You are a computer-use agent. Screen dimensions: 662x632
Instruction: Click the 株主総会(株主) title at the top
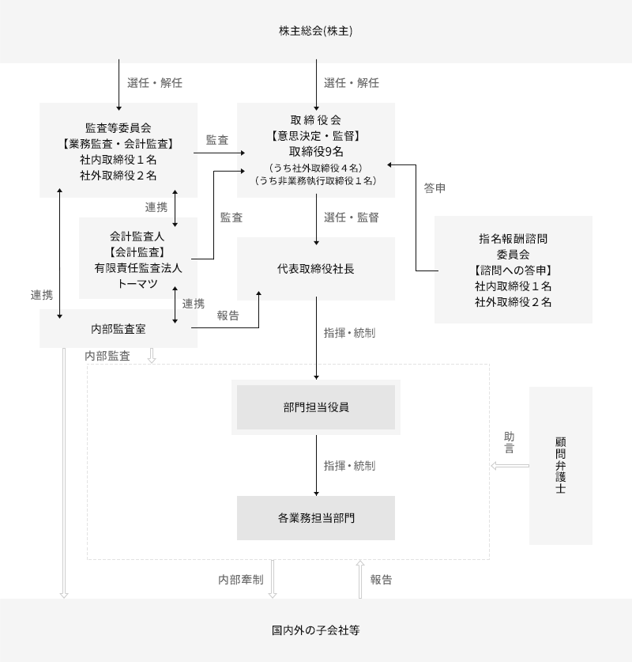click(315, 32)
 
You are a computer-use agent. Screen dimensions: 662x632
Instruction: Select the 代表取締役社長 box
click(316, 269)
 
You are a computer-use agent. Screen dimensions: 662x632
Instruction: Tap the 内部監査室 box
click(118, 329)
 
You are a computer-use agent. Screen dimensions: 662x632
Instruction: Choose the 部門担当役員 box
click(316, 407)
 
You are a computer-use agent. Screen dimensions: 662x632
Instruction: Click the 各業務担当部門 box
click(316, 518)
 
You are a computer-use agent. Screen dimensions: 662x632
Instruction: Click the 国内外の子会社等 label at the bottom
click(315, 631)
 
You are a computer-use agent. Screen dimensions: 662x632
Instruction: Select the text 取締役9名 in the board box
click(316, 152)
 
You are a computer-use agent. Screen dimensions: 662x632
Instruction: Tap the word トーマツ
click(138, 283)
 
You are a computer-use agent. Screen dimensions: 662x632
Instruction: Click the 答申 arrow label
click(434, 188)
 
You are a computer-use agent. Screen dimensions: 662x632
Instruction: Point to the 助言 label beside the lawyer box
click(509, 442)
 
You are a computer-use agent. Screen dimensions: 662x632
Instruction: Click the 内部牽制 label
click(241, 580)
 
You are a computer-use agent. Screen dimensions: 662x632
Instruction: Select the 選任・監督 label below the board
click(351, 218)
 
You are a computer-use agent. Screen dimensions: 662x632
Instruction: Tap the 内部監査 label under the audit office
click(107, 357)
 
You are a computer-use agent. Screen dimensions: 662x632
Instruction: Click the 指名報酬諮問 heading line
click(513, 238)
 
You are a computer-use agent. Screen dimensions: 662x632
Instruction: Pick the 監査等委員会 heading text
click(118, 127)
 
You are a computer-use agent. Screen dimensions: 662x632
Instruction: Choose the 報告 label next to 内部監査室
click(228, 314)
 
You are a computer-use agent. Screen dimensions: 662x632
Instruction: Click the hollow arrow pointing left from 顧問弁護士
click(510, 466)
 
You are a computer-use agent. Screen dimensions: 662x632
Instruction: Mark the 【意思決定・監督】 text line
click(316, 136)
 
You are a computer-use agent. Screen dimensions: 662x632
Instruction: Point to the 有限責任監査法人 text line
click(138, 267)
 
